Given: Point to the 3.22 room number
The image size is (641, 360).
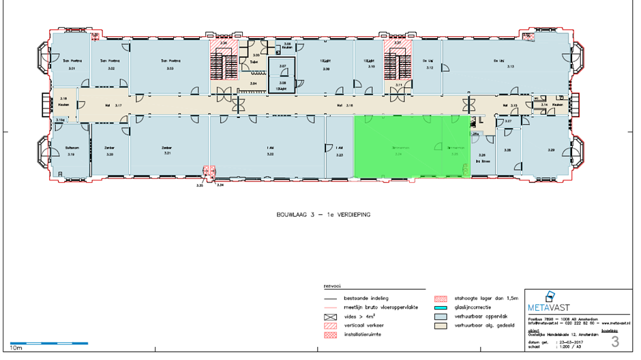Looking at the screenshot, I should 270,155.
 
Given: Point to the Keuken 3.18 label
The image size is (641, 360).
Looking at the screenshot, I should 63,102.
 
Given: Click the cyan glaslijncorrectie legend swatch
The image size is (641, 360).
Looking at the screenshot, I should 443,307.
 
